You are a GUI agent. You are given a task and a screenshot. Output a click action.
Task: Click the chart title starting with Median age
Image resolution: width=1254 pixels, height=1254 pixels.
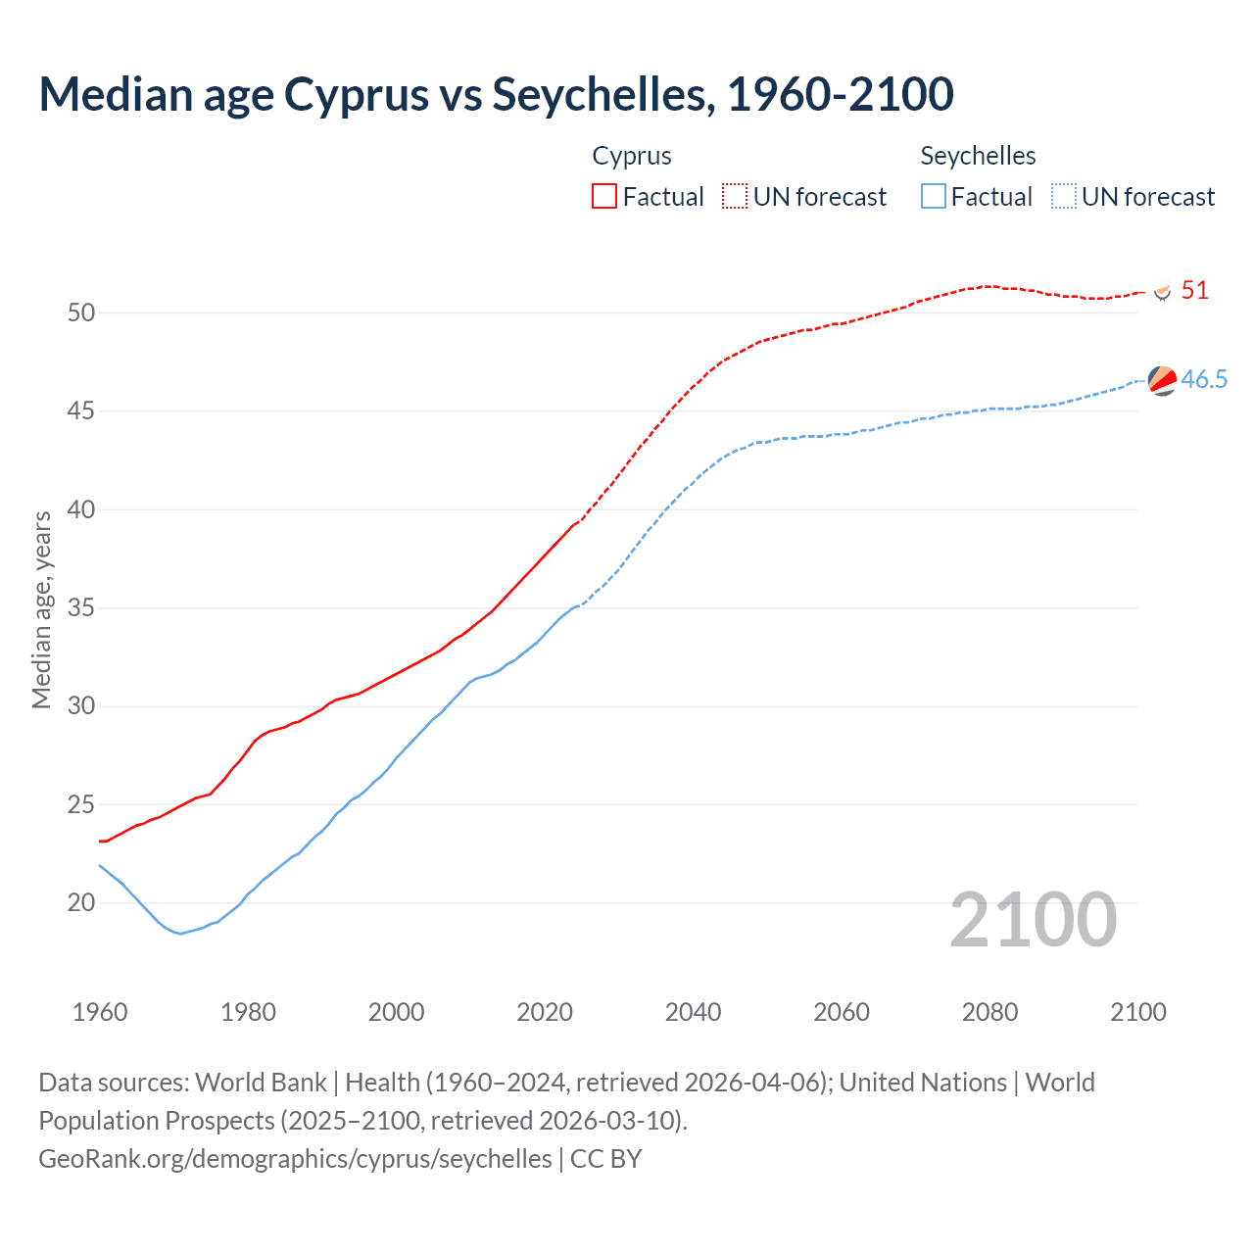[x=496, y=94]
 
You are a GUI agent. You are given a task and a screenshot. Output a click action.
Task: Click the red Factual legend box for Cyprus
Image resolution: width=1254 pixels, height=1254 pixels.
[x=604, y=197]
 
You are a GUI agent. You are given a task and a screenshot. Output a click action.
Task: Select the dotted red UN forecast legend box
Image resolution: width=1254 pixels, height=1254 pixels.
[x=735, y=197]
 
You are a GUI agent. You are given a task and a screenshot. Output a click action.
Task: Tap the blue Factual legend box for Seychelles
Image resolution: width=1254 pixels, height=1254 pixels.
[x=934, y=197]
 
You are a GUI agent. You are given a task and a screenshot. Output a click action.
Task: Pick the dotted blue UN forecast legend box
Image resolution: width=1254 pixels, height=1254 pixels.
[x=1063, y=197]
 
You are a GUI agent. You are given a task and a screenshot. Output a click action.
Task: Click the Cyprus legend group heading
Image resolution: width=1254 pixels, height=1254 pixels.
[x=632, y=156]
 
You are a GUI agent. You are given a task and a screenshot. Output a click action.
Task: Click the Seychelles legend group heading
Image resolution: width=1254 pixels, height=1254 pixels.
[x=978, y=156]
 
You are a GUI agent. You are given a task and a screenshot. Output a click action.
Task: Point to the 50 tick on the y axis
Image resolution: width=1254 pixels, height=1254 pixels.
[x=81, y=313]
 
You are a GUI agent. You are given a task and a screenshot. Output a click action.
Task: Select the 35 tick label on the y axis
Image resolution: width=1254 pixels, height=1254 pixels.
[x=81, y=608]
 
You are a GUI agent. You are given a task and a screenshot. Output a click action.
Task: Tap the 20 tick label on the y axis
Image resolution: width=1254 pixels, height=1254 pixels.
[x=81, y=903]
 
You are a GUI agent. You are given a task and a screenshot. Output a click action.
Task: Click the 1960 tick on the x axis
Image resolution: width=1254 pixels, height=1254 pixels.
[x=100, y=1012]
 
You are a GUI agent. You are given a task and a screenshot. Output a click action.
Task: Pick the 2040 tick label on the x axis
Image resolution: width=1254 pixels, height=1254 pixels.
[x=693, y=1012]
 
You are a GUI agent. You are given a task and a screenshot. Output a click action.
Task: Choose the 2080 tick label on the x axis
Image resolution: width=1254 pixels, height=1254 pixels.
[x=989, y=1012]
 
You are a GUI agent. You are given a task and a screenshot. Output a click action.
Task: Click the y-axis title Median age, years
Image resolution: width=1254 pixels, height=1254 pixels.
[x=41, y=609]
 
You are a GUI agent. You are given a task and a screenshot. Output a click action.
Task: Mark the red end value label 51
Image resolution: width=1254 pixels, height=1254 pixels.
[x=1194, y=291]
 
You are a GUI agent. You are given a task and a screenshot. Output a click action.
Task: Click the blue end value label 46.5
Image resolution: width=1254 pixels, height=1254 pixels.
[x=1204, y=380]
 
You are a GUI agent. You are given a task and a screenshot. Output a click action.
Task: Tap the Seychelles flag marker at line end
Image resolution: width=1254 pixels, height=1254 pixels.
[x=1162, y=380]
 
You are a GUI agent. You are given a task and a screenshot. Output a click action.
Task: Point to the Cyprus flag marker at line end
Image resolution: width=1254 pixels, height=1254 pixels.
[x=1162, y=292]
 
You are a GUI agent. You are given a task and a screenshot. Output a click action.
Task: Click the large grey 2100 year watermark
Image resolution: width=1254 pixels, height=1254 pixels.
[x=1033, y=919]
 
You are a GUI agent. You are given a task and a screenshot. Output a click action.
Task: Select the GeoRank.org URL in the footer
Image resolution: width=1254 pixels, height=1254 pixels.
[x=295, y=1159]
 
